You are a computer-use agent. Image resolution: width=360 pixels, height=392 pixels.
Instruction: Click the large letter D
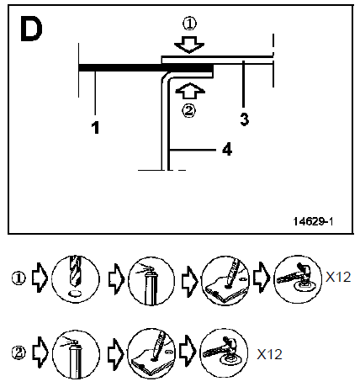[31, 29]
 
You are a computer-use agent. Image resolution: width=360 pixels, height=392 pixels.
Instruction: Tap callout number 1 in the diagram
[96, 127]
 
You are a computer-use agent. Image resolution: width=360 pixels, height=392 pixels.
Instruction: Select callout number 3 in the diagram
[245, 119]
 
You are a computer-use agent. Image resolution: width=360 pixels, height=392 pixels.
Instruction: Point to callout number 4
[227, 149]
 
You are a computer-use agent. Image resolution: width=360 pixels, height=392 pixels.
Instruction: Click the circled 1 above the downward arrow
[189, 24]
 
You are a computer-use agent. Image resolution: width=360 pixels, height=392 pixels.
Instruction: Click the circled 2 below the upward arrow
[189, 111]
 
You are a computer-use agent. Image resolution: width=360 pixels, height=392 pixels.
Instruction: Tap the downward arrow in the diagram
[189, 44]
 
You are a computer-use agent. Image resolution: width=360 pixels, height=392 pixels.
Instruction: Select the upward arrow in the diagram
[190, 91]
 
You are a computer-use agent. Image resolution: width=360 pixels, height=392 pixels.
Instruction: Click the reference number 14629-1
[313, 221]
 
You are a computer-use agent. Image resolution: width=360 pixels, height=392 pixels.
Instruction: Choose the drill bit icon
[76, 278]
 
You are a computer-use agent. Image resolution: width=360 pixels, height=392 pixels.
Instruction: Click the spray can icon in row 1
[151, 281]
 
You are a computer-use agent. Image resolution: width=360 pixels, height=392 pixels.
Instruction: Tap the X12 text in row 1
[338, 277]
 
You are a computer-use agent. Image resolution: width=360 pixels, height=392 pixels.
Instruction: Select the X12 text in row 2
[269, 354]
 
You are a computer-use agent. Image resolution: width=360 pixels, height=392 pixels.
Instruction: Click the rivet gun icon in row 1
[298, 279]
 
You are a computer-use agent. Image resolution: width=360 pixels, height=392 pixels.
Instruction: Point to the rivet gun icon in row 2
[224, 352]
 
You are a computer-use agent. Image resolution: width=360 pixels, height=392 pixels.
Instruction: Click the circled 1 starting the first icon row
[19, 278]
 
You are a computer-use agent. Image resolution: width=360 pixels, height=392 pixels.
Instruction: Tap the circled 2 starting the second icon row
[19, 352]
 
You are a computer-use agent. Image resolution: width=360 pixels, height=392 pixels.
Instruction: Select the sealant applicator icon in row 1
[225, 280]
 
